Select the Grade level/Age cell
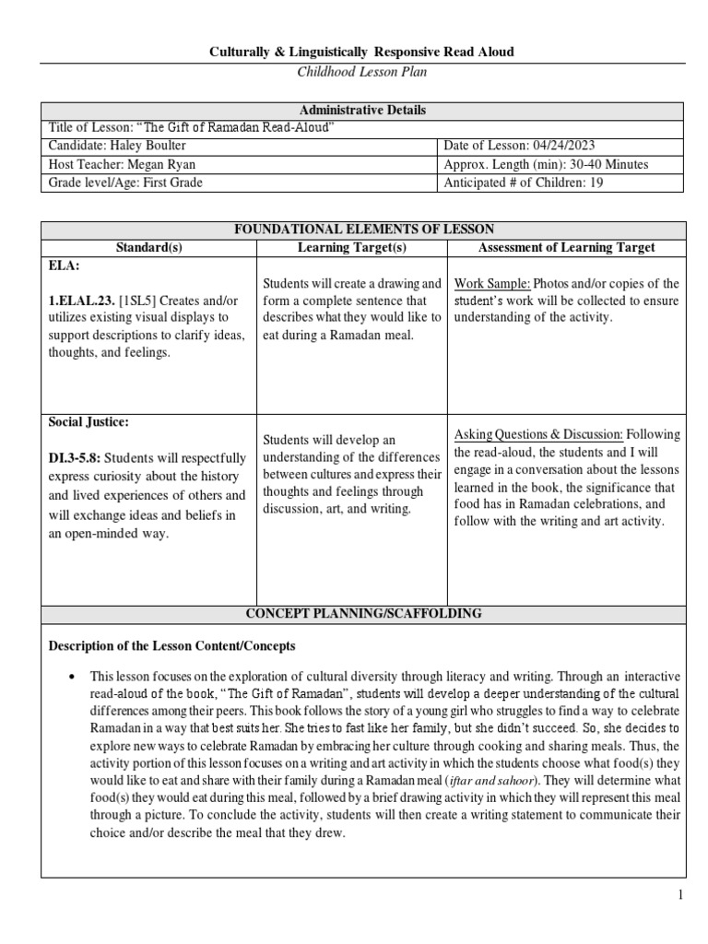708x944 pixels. tap(125, 183)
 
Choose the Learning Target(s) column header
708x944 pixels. tap(351, 247)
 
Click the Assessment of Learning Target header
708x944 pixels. tap(566, 247)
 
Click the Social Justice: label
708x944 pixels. tap(88, 422)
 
